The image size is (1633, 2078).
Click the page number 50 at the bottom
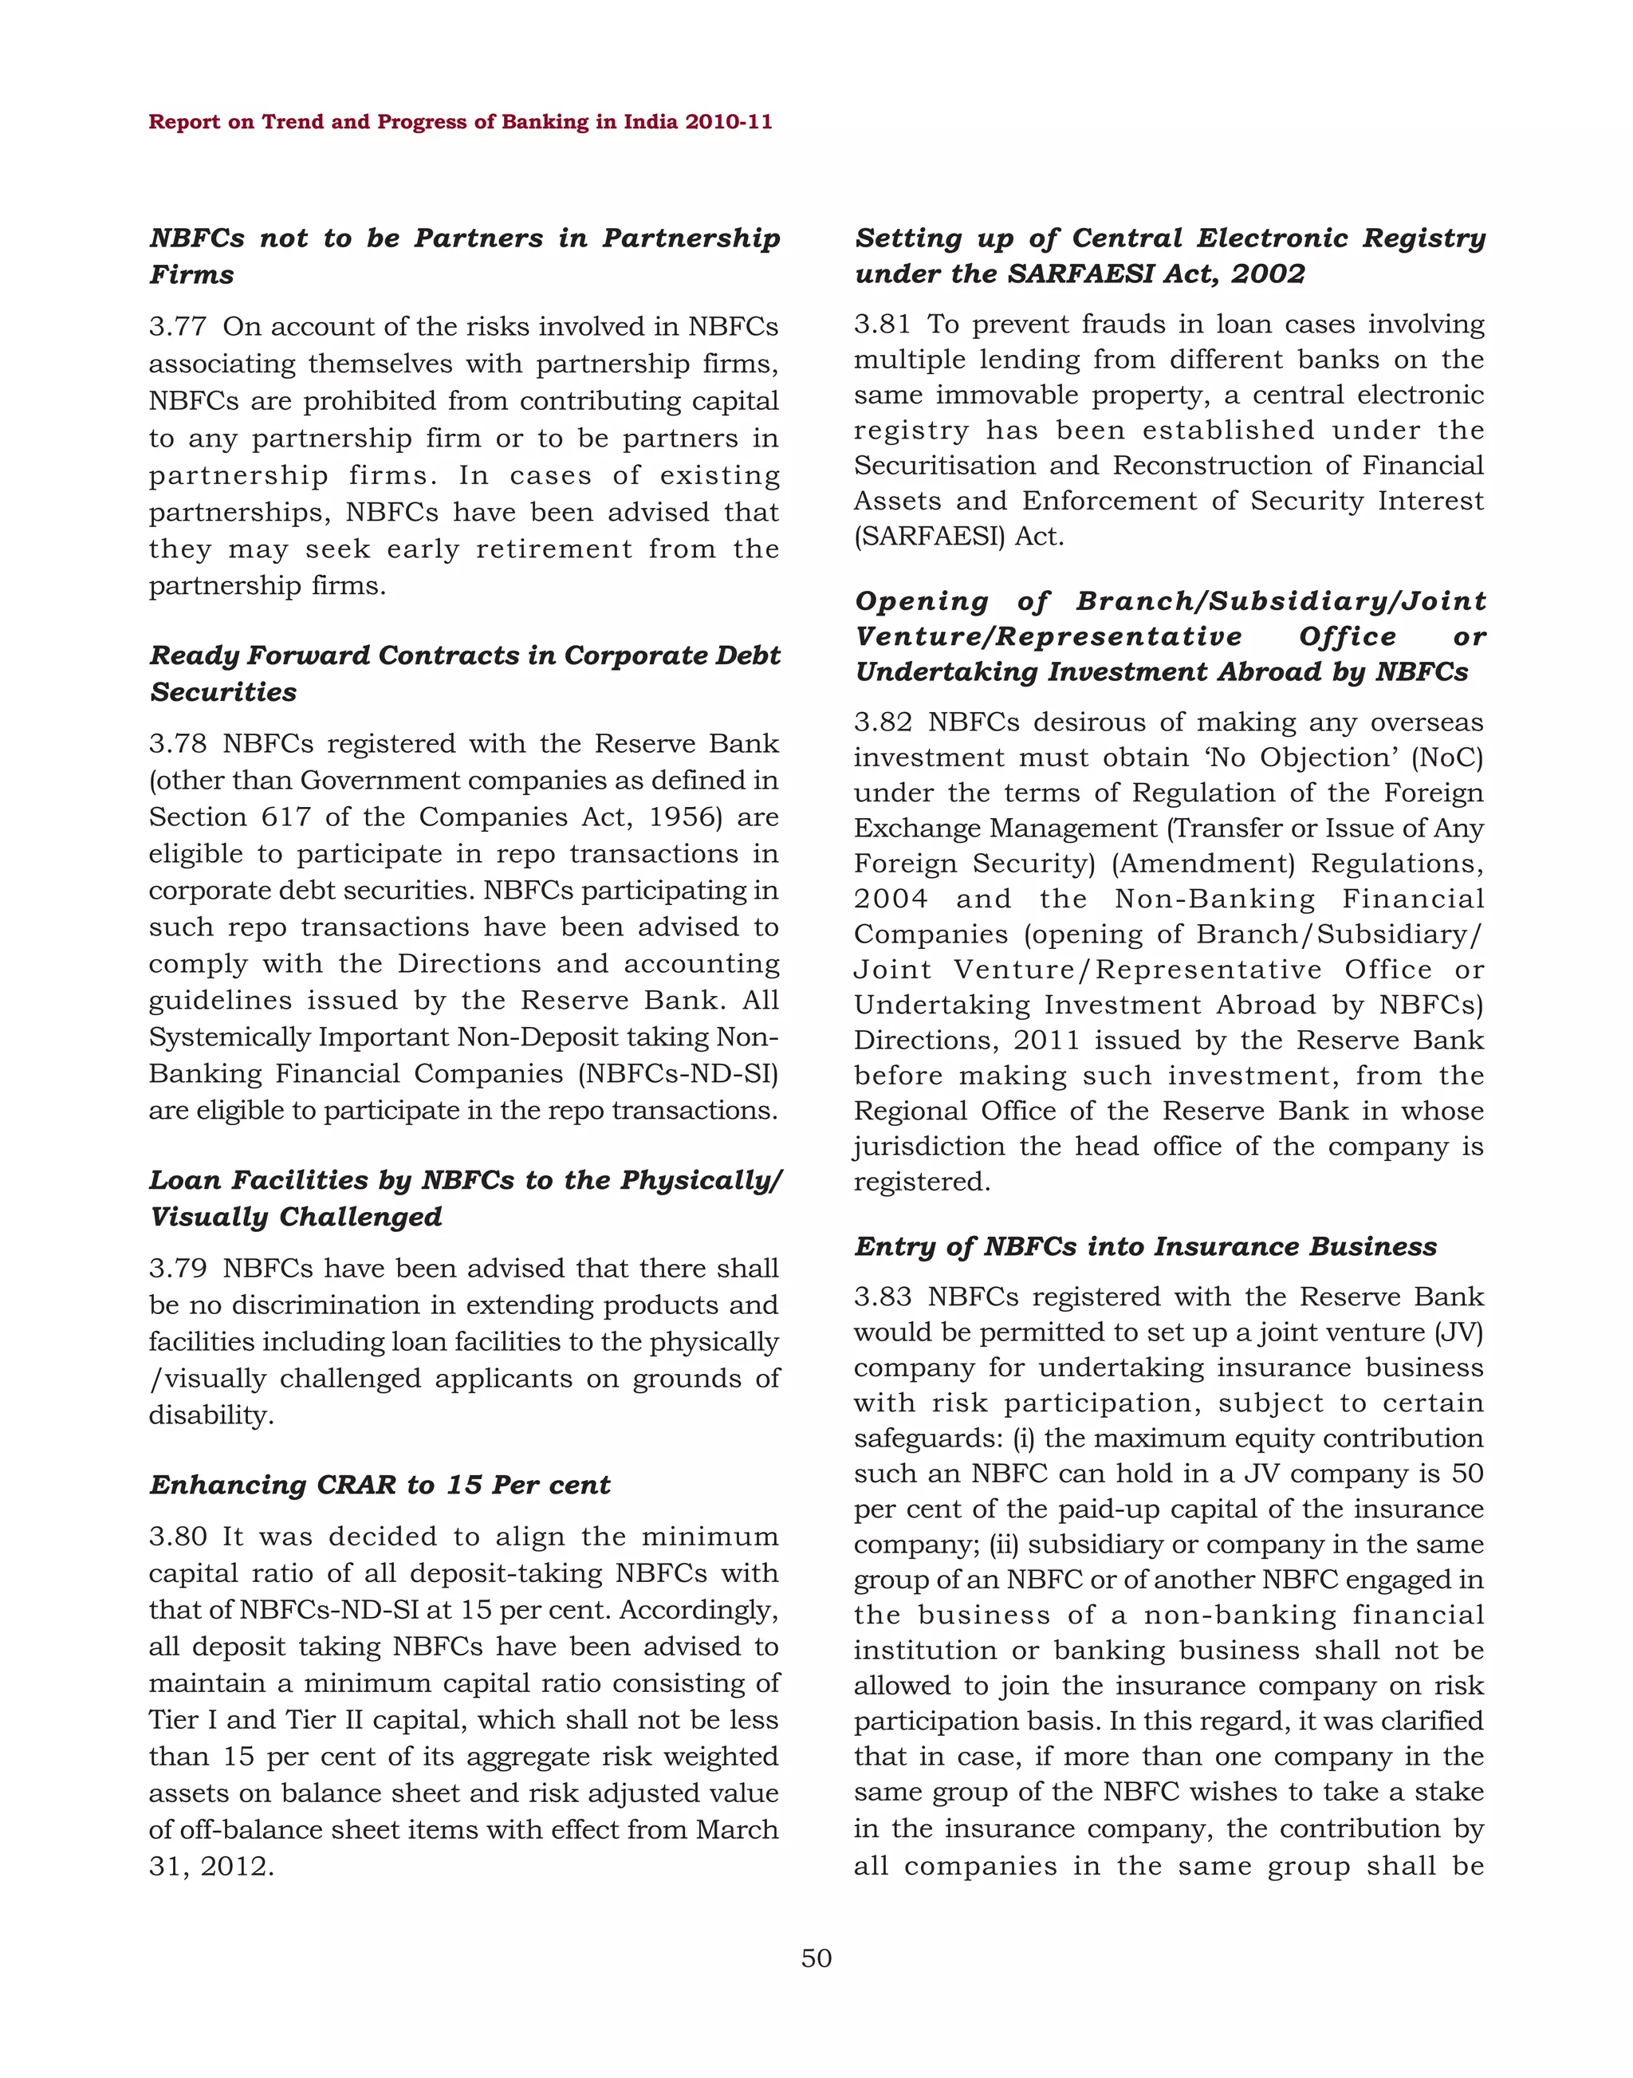coord(816,1958)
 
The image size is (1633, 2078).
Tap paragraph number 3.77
coord(178,327)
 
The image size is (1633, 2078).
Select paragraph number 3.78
coord(178,743)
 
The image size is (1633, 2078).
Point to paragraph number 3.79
coord(178,1268)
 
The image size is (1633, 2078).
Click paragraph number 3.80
coord(178,1536)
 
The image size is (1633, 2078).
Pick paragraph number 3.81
coord(883,325)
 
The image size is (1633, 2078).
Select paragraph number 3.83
coord(883,1297)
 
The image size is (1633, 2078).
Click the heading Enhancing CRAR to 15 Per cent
coord(380,1485)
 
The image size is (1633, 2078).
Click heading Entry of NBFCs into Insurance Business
coord(1145,1246)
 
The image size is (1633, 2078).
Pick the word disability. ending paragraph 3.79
coord(211,1415)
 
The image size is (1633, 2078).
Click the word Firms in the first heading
coord(192,274)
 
